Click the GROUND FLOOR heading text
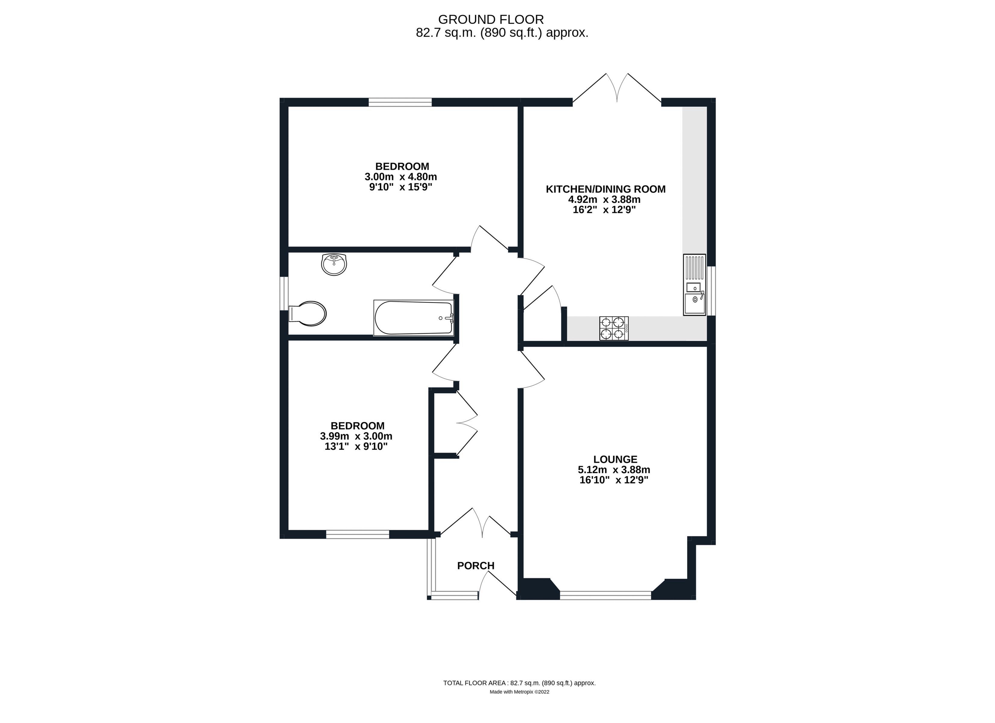coord(491,19)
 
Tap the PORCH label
coord(475,566)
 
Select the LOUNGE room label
coord(615,459)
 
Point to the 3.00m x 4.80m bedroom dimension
coord(400,177)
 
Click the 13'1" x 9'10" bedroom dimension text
coord(356,446)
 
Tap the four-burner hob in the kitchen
coord(614,328)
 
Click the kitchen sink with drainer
coord(694,285)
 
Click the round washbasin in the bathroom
coord(334,264)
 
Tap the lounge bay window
coord(605,595)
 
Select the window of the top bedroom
coord(400,102)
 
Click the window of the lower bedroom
coord(358,534)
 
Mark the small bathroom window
coord(285,293)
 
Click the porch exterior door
coord(497,585)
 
